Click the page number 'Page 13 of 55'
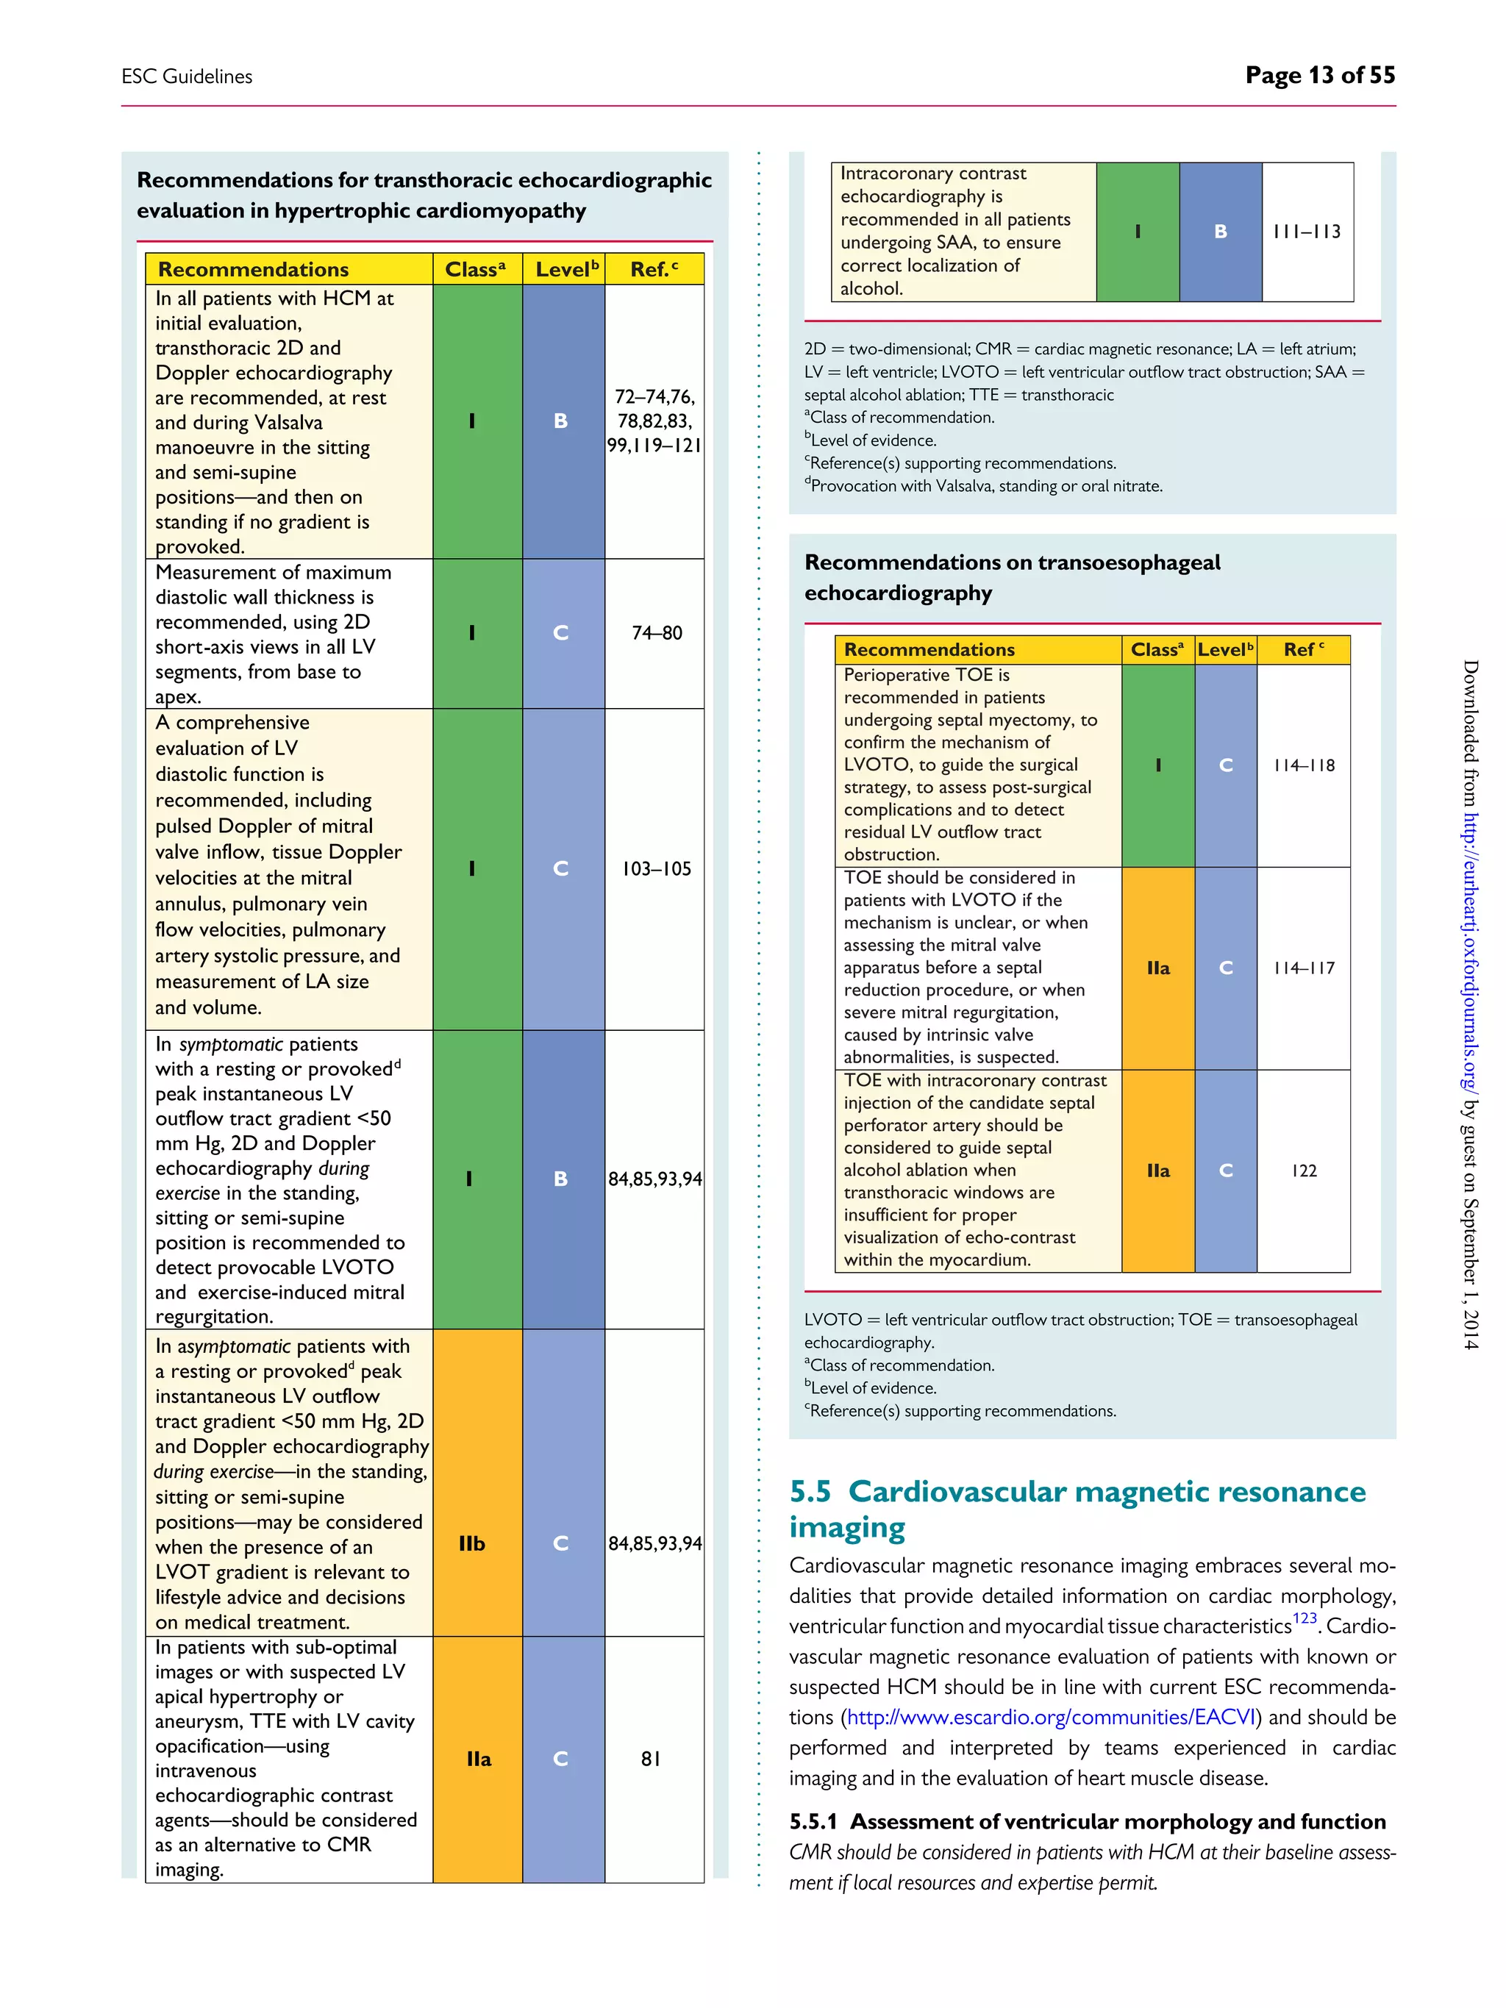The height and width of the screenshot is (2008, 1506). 1319,75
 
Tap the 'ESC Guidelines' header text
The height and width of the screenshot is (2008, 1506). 187,76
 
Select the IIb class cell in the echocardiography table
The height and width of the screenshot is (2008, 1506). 472,1543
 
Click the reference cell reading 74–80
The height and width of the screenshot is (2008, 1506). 657,633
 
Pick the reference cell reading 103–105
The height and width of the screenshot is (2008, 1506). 657,869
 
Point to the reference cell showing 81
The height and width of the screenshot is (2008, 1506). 651,1758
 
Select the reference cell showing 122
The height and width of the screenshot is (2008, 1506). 1304,1170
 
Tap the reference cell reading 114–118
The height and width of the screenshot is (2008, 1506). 1304,765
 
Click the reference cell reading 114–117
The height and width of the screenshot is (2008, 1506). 1304,968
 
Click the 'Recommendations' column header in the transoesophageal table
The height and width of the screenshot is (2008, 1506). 929,649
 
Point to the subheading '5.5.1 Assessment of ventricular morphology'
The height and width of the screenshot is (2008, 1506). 1087,1821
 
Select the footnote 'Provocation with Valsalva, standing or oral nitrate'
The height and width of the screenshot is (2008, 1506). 985,486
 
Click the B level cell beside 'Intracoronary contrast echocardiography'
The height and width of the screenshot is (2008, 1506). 1220,232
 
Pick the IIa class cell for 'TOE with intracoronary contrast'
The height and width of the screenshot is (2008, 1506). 1157,1170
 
